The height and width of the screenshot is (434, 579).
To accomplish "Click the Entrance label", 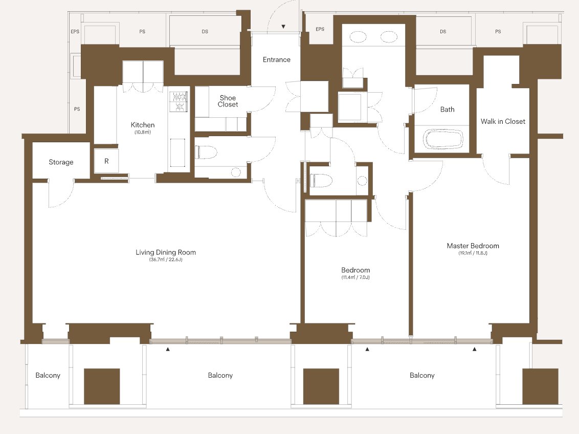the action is [277, 59].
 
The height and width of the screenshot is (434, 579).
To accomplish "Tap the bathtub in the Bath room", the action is [442, 139].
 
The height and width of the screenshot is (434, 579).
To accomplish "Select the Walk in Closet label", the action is [503, 121].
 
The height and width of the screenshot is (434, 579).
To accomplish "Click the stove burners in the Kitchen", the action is [179, 101].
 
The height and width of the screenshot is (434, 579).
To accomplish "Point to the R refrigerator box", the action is [106, 161].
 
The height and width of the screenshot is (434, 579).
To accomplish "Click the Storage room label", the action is [61, 162].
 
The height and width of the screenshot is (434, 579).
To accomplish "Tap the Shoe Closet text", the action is [228, 101].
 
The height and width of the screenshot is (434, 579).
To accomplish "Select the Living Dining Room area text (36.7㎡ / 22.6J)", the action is [166, 259].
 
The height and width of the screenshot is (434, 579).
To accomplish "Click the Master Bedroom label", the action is [473, 246].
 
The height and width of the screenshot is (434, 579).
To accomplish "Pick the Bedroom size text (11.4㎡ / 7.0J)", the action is [355, 277].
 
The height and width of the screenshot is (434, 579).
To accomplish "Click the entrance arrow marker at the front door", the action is [283, 27].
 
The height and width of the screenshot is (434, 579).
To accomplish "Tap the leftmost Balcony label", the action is [48, 375].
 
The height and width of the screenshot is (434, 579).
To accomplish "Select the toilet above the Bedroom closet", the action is [321, 181].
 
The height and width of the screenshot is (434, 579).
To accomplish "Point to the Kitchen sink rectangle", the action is [177, 153].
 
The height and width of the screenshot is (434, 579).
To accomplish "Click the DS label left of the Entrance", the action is [205, 32].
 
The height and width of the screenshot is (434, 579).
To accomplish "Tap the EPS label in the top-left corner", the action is [75, 32].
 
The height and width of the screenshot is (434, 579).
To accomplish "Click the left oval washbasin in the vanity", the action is [358, 36].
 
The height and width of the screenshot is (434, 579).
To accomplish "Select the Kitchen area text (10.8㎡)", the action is [143, 132].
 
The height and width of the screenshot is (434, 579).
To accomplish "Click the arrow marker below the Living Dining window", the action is [168, 349].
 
